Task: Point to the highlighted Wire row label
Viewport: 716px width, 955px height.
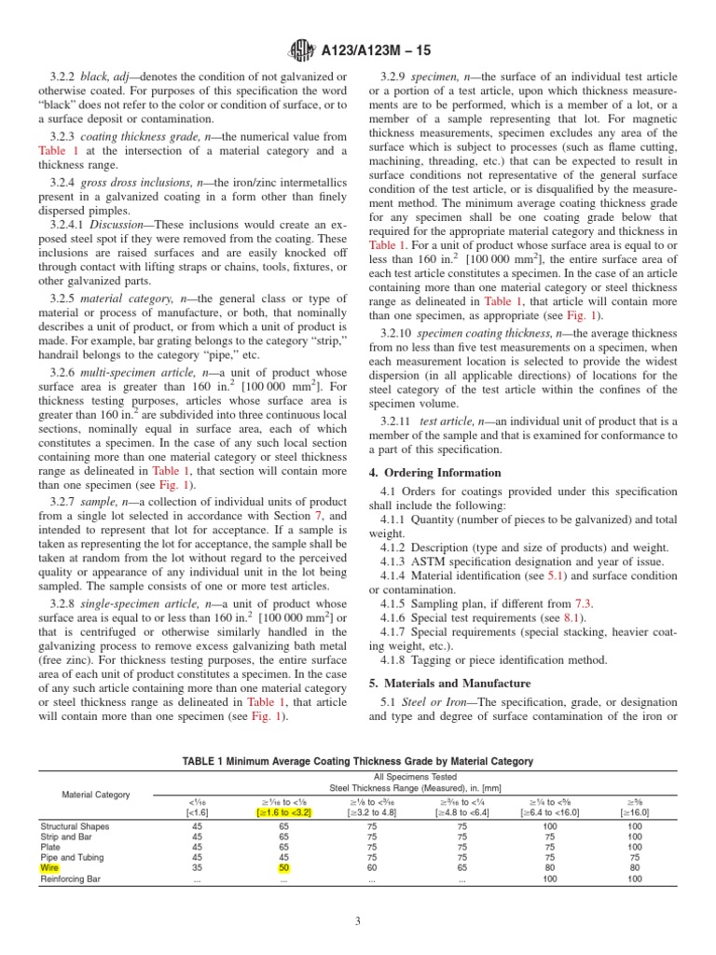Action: (48, 867)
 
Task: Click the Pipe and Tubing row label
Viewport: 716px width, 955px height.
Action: (73, 856)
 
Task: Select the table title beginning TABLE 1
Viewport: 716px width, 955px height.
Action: (358, 761)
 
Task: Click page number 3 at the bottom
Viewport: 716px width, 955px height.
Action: (358, 921)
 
